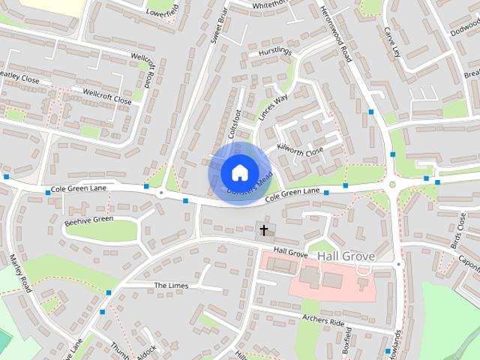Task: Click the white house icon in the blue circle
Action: (238, 172)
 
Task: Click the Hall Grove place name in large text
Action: (345, 256)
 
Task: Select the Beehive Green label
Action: (88, 220)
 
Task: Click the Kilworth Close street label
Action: (300, 151)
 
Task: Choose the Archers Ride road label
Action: (324, 321)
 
